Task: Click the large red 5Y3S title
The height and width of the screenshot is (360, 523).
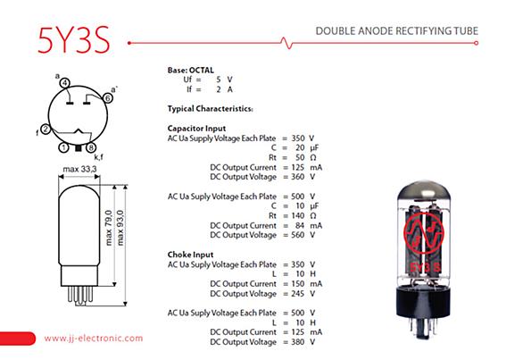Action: tap(74, 40)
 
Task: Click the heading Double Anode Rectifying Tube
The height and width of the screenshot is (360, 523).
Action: tap(397, 31)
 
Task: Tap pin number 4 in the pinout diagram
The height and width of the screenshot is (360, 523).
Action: tap(65, 83)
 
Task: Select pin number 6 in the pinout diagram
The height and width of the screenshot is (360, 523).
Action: tap(107, 98)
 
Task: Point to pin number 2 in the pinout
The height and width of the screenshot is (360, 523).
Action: tap(46, 130)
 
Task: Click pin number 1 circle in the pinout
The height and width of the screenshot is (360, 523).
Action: tap(63, 147)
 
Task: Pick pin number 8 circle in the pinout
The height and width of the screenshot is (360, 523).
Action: tap(91, 147)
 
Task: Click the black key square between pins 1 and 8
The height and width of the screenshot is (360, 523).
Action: tap(78, 148)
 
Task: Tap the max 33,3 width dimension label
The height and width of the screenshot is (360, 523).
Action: tap(79, 169)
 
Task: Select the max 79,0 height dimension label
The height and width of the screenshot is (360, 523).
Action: tap(109, 228)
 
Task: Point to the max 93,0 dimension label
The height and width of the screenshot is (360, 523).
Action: tap(120, 228)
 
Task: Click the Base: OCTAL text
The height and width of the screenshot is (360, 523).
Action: tap(190, 71)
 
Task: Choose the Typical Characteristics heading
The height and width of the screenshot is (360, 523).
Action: tap(210, 109)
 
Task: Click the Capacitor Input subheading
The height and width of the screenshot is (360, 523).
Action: tap(196, 129)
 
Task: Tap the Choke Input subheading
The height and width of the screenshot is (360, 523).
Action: tap(190, 255)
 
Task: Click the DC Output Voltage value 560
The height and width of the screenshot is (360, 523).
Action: tap(297, 235)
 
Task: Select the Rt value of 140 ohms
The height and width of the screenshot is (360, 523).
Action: tap(297, 216)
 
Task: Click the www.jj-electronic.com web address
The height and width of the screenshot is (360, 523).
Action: tap(94, 339)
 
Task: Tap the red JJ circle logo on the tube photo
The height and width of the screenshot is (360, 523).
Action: tap(424, 232)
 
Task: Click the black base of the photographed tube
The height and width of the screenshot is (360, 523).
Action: tap(424, 303)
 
